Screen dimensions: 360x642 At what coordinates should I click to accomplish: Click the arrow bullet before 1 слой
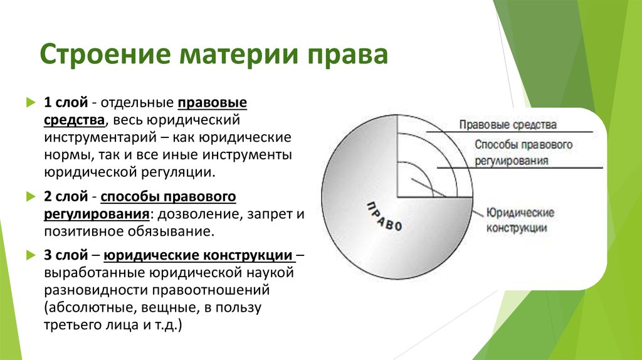31,102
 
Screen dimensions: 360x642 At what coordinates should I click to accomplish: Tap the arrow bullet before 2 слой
31,197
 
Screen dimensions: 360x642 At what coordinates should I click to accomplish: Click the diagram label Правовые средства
508,125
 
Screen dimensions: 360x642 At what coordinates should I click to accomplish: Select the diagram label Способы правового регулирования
524,152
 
